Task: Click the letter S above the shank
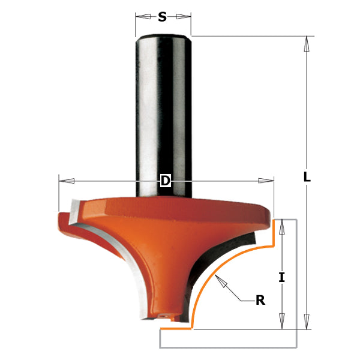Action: coord(162,17)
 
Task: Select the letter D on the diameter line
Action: coord(166,181)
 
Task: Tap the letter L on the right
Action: coord(307,177)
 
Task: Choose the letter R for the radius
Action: coord(260,300)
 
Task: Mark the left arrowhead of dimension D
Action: coord(65,181)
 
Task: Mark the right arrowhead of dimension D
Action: coord(266,181)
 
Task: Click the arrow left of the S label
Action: coord(142,17)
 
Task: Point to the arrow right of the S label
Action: coord(184,17)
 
